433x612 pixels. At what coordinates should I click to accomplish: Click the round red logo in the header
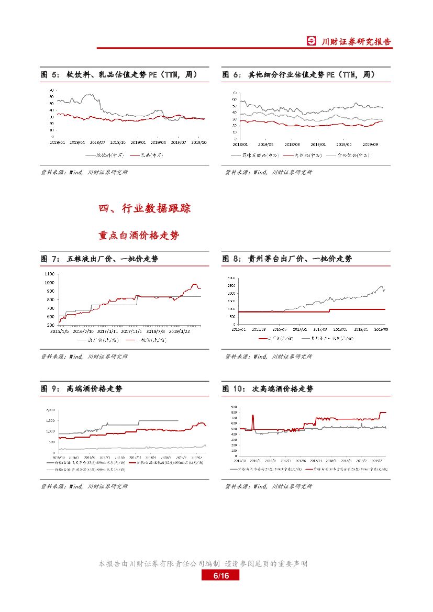click(312, 42)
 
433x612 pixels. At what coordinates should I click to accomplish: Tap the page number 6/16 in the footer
click(220, 576)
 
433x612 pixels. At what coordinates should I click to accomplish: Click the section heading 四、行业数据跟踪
click(145, 208)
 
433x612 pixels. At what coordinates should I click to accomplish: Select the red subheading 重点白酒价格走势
click(139, 236)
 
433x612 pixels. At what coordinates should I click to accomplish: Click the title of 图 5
click(119, 75)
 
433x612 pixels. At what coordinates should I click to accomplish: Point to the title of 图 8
click(287, 259)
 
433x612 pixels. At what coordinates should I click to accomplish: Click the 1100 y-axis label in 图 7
click(50, 274)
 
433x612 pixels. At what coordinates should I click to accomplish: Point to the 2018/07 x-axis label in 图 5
click(97, 141)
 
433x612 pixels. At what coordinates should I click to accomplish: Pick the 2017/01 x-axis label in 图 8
click(299, 329)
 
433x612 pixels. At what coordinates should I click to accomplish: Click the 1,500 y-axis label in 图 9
click(50, 420)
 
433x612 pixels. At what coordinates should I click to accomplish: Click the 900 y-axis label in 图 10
click(233, 407)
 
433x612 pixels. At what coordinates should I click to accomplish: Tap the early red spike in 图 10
click(253, 416)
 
